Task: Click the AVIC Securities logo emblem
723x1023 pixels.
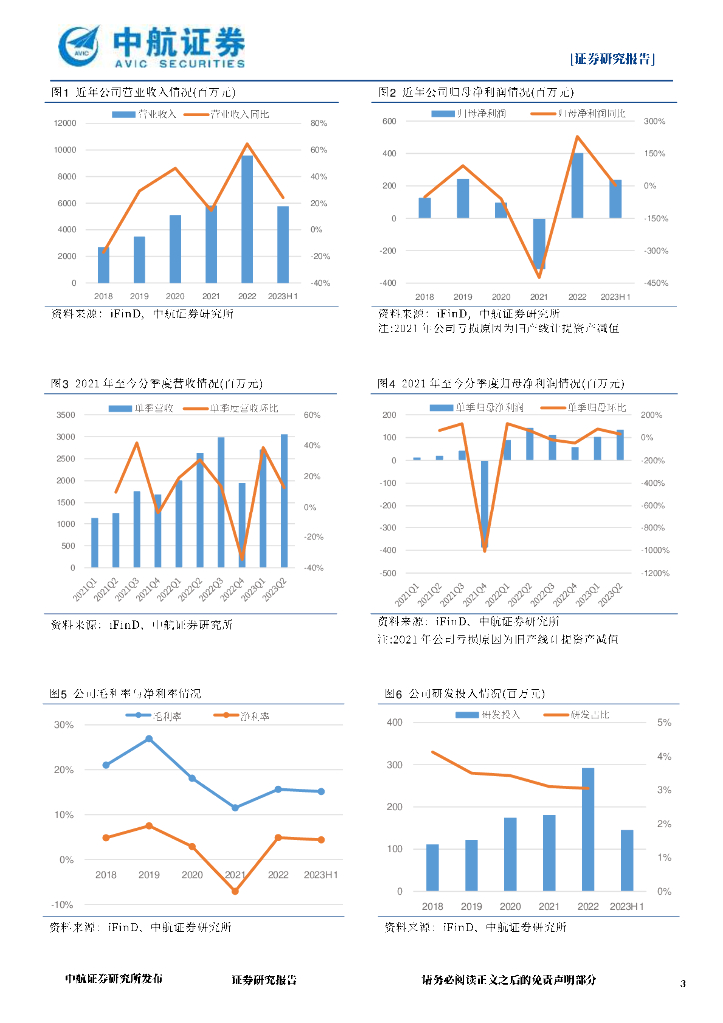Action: click(79, 46)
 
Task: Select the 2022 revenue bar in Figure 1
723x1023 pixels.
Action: click(247, 219)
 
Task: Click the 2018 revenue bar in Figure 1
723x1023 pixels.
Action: click(103, 265)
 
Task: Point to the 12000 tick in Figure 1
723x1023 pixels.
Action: click(65, 123)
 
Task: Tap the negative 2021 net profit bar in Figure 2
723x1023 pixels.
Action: click(539, 243)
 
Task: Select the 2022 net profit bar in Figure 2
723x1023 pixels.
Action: click(577, 185)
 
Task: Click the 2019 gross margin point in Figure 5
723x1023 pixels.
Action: click(149, 739)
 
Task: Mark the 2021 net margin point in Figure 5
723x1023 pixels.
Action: click(235, 891)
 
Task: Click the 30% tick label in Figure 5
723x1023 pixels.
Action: click(64, 725)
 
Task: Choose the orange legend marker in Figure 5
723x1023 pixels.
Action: click(223, 716)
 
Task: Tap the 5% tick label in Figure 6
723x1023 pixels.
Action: click(663, 722)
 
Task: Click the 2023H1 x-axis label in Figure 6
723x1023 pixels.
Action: click(626, 906)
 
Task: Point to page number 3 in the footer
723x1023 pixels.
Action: click(683, 984)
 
